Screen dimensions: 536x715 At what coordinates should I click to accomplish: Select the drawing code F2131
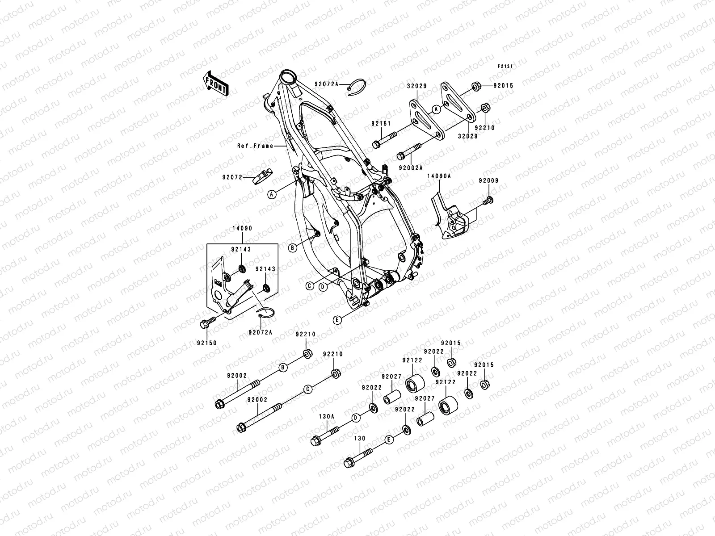pyautogui.click(x=506, y=66)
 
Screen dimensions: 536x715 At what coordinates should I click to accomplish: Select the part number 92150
pyautogui.click(x=206, y=343)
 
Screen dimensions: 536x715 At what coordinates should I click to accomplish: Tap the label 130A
pyautogui.click(x=326, y=416)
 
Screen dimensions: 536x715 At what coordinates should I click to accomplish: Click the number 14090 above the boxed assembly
pyautogui.click(x=242, y=228)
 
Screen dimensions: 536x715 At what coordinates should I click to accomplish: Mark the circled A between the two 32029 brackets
pyautogui.click(x=437, y=109)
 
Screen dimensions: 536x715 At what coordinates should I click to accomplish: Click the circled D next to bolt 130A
pyautogui.click(x=356, y=418)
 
